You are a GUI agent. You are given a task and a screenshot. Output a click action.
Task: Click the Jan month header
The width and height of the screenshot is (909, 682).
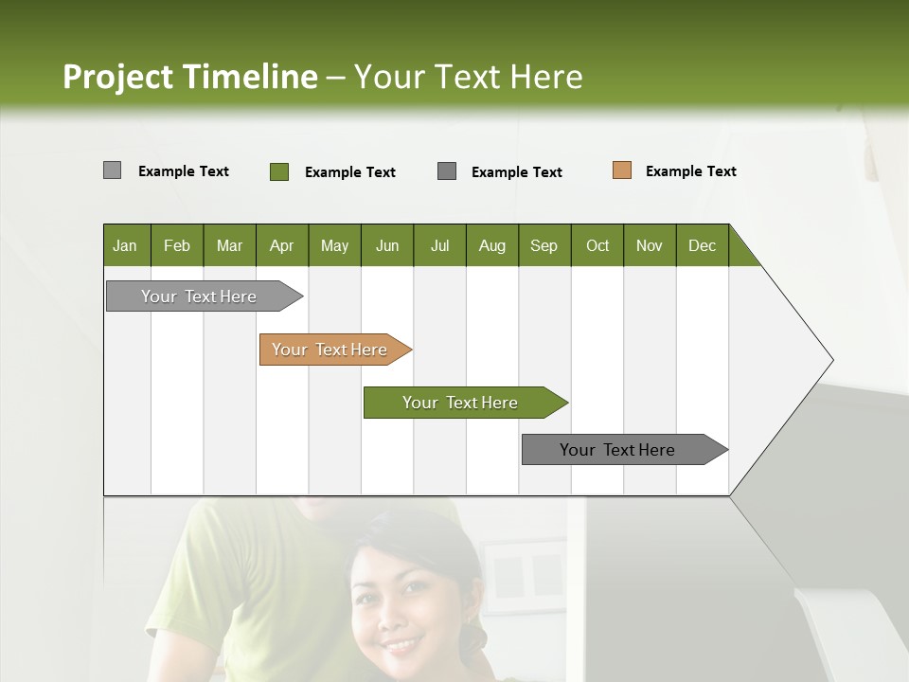(x=126, y=245)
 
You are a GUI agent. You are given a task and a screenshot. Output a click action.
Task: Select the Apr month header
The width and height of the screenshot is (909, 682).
(x=282, y=245)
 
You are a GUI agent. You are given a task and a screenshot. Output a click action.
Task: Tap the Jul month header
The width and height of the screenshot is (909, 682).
(x=439, y=245)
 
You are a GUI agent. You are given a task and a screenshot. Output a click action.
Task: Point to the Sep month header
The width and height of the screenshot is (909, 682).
(x=544, y=245)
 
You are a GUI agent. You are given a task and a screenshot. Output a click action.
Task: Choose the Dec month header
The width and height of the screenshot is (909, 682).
(x=702, y=245)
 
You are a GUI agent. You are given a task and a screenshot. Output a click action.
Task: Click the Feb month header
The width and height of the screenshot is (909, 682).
(x=177, y=245)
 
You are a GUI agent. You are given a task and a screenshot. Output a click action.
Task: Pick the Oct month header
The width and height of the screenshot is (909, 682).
(x=597, y=245)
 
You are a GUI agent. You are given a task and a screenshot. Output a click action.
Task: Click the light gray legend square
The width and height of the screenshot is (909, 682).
(x=113, y=170)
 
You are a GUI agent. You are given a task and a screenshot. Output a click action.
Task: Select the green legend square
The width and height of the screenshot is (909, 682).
(x=279, y=171)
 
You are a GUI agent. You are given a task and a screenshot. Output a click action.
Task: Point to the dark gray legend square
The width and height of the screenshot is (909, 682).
(x=447, y=171)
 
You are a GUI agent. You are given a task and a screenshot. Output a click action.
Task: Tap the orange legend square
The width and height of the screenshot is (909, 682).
(x=622, y=170)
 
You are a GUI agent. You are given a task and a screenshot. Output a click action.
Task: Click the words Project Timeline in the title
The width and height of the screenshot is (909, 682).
(x=190, y=77)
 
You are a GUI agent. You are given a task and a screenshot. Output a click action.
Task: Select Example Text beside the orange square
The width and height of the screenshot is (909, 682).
(x=690, y=171)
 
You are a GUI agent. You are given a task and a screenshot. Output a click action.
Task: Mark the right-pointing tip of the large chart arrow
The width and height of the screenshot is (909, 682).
(x=831, y=360)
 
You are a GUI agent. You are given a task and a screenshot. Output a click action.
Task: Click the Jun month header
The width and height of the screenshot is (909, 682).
(x=387, y=245)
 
